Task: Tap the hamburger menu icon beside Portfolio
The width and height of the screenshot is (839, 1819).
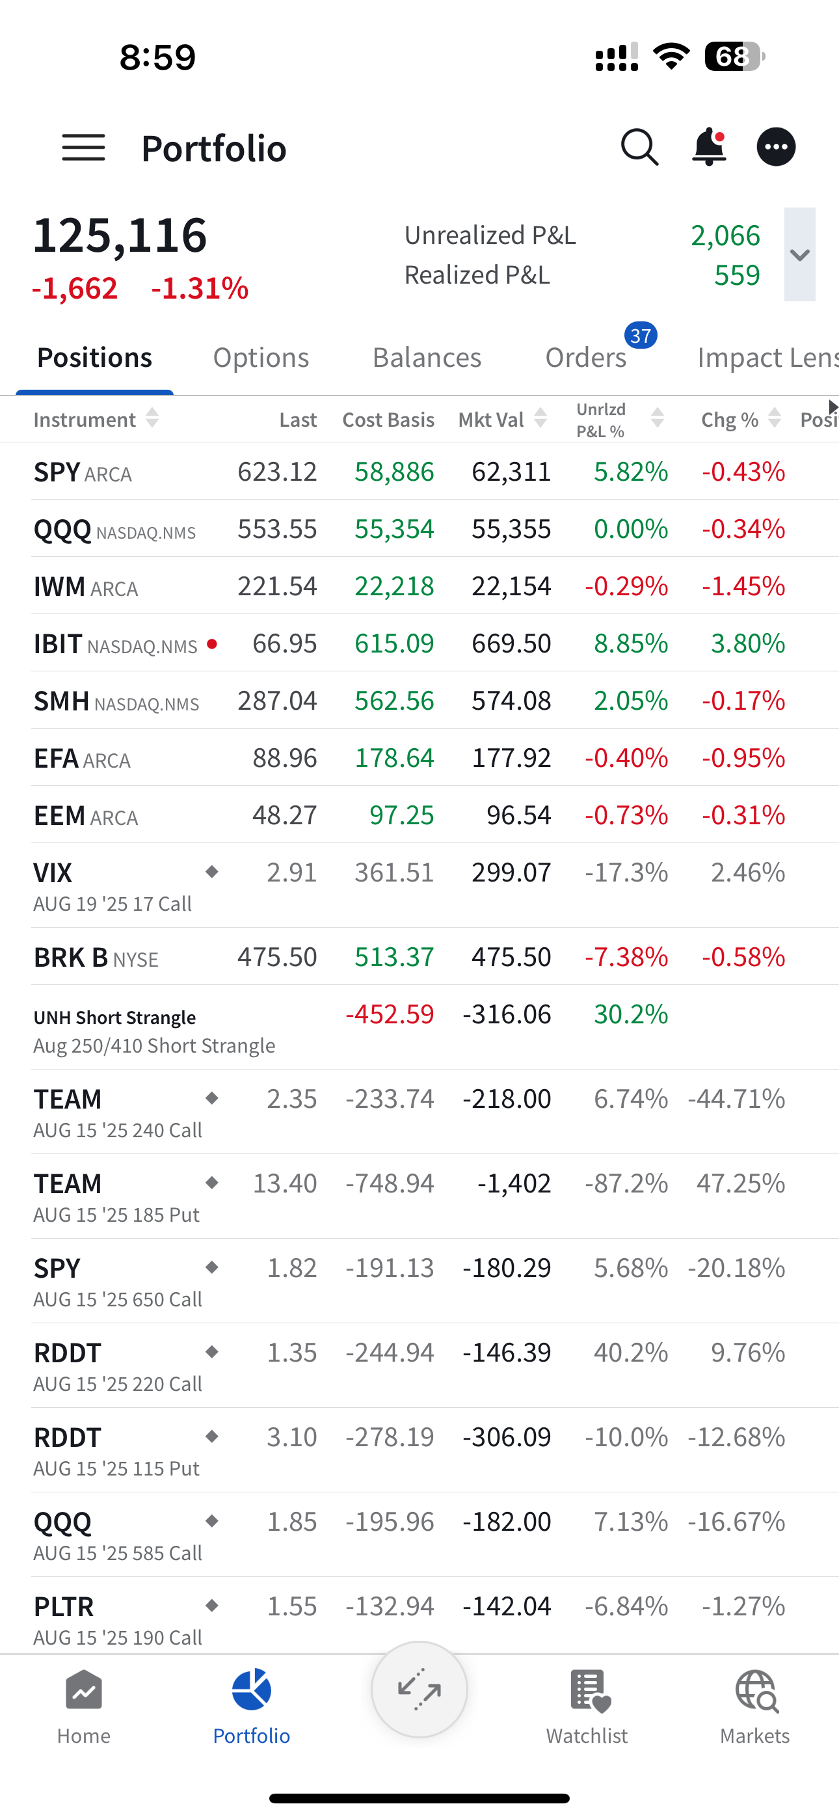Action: coord(83,148)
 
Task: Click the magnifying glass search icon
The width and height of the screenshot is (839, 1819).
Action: coord(639,147)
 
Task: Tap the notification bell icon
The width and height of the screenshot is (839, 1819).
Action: coord(708,147)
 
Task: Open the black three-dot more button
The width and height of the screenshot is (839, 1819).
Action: coord(776,147)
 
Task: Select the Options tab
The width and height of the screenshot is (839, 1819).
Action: coord(261,357)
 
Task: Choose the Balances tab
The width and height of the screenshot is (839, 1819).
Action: coord(427,357)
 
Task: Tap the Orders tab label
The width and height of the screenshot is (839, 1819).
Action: coord(585,357)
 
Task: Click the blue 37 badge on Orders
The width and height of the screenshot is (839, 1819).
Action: coord(641,336)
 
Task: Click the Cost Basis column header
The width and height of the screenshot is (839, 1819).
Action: coord(388,420)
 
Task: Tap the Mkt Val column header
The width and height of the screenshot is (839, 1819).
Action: coord(492,420)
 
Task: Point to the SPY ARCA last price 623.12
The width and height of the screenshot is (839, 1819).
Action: coord(277,472)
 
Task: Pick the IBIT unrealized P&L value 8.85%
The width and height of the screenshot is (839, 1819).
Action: coord(631,643)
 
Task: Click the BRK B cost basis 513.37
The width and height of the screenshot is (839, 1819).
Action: coord(394,957)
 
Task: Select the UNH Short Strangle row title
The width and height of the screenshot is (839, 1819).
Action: coord(115,1017)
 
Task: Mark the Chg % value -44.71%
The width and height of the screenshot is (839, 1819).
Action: coord(737,1099)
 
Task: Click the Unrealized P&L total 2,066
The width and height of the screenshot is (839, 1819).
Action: coord(725,235)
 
